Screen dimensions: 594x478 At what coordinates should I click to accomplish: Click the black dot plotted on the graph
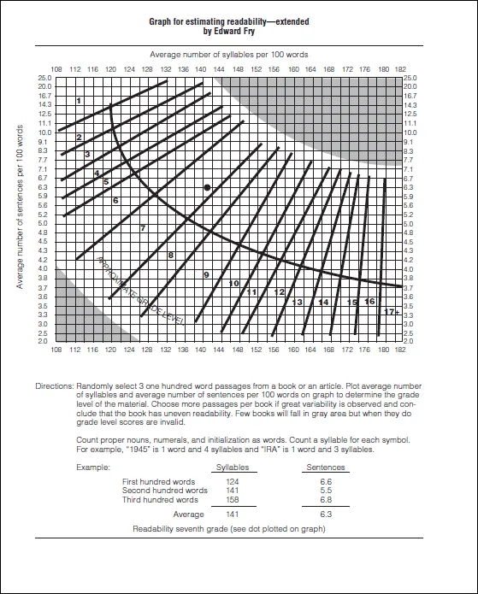[206, 186]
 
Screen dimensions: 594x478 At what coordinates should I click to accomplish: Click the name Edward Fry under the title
[239, 31]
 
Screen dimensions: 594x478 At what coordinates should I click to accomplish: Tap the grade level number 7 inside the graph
[142, 228]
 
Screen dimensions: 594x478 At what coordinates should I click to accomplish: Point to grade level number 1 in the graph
[79, 101]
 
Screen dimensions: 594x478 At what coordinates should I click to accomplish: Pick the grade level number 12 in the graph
[279, 292]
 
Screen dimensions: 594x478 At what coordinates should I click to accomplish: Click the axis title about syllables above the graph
[229, 55]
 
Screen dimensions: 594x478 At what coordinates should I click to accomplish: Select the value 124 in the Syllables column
[232, 482]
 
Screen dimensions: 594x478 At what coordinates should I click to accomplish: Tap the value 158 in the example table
[232, 501]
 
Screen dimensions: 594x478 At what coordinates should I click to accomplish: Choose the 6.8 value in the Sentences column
[325, 501]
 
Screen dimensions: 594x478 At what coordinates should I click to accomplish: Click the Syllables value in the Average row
[232, 515]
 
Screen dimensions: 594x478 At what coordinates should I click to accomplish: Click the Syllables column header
[232, 468]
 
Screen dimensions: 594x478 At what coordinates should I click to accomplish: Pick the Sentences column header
[325, 468]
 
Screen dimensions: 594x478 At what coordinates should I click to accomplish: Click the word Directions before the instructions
[55, 386]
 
